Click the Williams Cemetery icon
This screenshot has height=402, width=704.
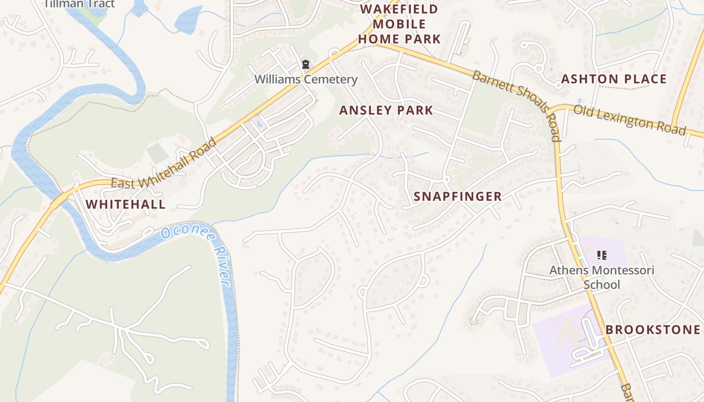pyautogui.click(x=305, y=64)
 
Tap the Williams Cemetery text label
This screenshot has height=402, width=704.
pyautogui.click(x=306, y=79)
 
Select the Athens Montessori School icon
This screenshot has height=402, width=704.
pyautogui.click(x=601, y=255)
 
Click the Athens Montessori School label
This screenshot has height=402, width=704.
pyautogui.click(x=601, y=277)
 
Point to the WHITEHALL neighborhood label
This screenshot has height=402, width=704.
pyautogui.click(x=125, y=205)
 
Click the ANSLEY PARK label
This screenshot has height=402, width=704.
pyautogui.click(x=386, y=111)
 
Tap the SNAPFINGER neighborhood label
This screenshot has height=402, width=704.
pyautogui.click(x=458, y=197)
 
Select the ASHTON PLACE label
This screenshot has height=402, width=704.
pyautogui.click(x=613, y=79)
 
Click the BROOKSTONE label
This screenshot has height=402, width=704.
pyautogui.click(x=653, y=330)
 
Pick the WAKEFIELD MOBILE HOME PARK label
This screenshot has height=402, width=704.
pyautogui.click(x=399, y=24)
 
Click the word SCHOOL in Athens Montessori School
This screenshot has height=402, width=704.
pyautogui.click(x=601, y=285)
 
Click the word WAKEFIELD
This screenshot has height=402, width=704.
pyautogui.click(x=399, y=9)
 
